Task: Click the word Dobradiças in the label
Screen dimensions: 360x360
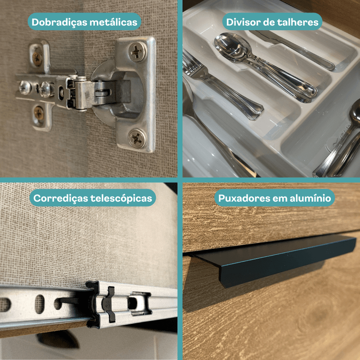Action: click(60, 22)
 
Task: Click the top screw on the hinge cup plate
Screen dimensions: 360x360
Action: click(137, 51)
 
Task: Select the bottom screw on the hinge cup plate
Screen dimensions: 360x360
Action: click(137, 138)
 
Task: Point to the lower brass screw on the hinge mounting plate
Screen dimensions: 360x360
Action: click(39, 113)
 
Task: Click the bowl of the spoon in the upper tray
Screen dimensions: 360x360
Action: click(232, 48)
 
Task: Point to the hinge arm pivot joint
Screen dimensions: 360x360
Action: click(77, 94)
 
